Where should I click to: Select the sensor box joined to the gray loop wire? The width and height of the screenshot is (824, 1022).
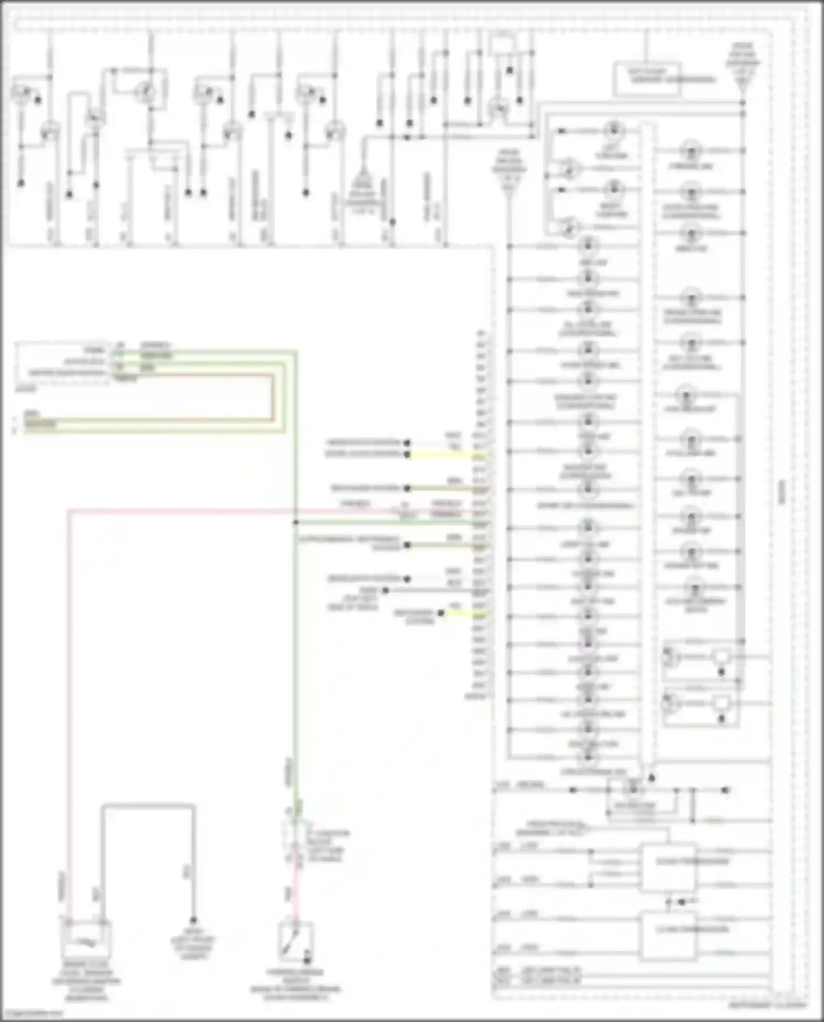pyautogui.click(x=87, y=939)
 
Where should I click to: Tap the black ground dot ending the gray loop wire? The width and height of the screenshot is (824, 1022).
pyautogui.click(x=193, y=920)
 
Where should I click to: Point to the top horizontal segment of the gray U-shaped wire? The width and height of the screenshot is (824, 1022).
pyautogui.click(x=148, y=806)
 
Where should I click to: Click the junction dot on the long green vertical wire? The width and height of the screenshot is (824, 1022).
pyautogui.click(x=296, y=522)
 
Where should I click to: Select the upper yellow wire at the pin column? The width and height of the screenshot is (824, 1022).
pyautogui.click(x=445, y=455)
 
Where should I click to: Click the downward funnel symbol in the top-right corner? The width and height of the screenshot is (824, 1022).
pyautogui.click(x=742, y=66)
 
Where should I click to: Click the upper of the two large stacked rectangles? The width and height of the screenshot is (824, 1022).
pyautogui.click(x=669, y=867)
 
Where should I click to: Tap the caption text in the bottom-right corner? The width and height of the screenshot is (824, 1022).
pyautogui.click(x=768, y=1006)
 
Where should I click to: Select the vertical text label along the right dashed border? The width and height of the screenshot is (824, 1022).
pyautogui.click(x=782, y=492)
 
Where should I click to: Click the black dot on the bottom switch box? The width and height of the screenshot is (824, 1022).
pyautogui.click(x=307, y=960)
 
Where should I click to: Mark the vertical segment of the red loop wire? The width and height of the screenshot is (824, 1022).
pyautogui.click(x=272, y=398)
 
